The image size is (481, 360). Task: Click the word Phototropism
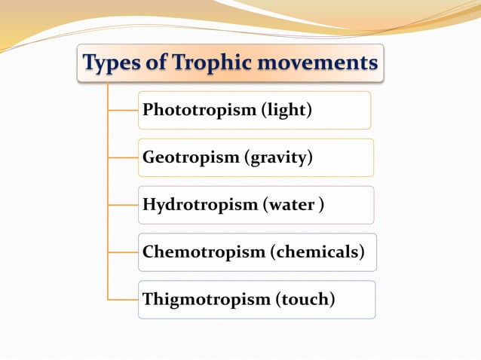(199, 111)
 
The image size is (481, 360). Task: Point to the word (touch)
(305, 300)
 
